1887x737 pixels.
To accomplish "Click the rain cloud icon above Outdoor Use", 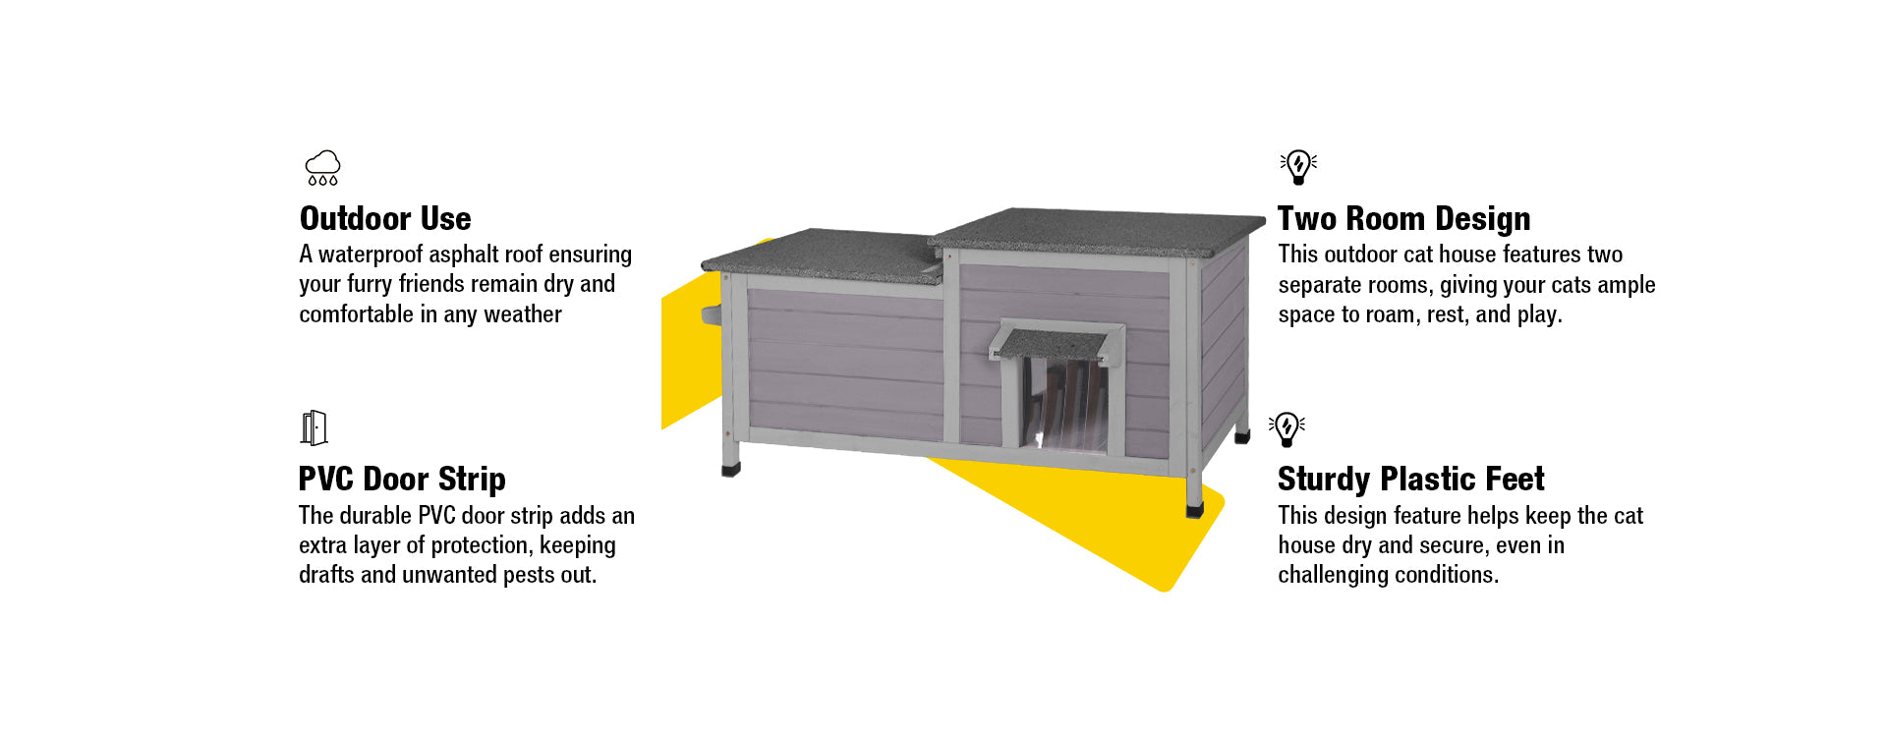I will (322, 167).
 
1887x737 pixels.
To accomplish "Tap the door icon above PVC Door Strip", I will (314, 428).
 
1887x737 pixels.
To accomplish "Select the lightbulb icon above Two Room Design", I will (1298, 167).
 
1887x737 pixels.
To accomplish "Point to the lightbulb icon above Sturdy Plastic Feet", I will (1287, 428).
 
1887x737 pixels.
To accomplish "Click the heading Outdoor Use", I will (385, 218).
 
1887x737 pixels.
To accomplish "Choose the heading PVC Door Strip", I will (402, 479).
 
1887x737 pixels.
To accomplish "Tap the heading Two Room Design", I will (1403, 218).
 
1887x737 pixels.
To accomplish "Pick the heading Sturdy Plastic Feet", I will (1410, 479).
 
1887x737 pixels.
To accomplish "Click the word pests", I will (529, 575).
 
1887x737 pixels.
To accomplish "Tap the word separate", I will (1318, 285).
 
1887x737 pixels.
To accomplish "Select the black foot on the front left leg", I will (730, 470).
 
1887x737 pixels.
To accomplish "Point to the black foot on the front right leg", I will (1194, 510).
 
